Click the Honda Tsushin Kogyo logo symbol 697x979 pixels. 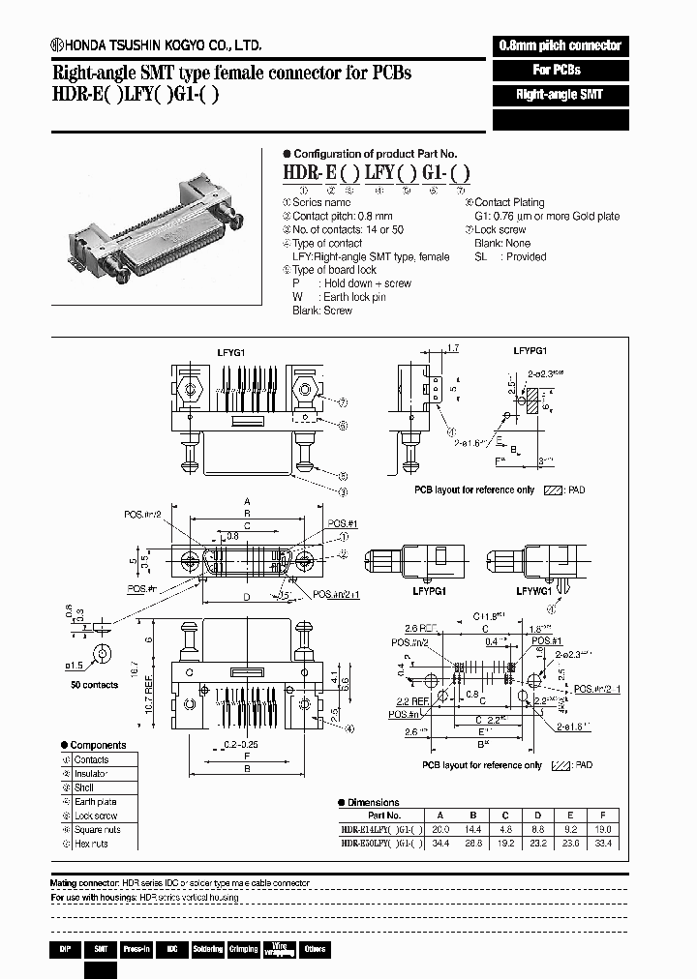58,45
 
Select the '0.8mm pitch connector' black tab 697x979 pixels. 561,45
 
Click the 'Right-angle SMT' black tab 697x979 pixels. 559,95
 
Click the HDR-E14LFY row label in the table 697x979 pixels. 380,829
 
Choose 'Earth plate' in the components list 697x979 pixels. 96,801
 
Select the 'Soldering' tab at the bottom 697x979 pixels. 206,949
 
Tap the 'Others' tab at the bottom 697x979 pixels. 315,949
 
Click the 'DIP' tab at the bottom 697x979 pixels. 64,949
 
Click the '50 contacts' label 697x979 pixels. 95,685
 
